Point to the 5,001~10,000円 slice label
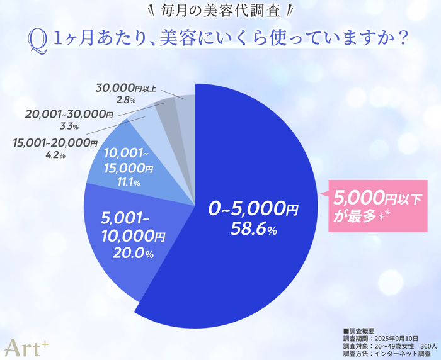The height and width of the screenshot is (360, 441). point(133,228)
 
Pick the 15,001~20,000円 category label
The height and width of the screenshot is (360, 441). point(55,143)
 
